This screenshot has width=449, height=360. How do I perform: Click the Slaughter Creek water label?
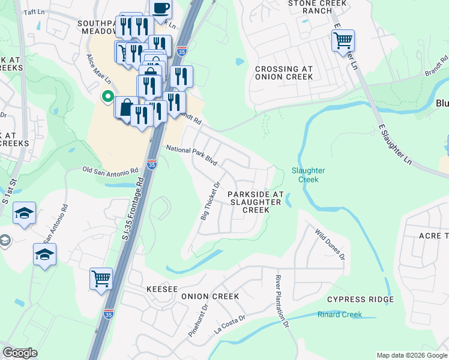click(x=308, y=175)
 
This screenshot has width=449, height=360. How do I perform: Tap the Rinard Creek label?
click(x=340, y=314)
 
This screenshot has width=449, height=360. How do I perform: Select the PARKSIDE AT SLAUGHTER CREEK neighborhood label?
click(x=255, y=202)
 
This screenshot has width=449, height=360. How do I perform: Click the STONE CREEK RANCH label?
click(x=310, y=7)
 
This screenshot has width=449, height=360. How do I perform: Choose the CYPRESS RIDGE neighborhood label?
click(x=360, y=299)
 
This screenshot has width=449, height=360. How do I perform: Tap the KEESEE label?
click(x=162, y=289)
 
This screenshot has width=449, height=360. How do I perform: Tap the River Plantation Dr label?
click(x=282, y=301)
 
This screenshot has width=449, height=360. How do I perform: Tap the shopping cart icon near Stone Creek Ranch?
click(x=343, y=40)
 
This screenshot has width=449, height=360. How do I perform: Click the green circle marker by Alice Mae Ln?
click(x=107, y=96)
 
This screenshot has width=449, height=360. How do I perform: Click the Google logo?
click(x=20, y=353)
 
